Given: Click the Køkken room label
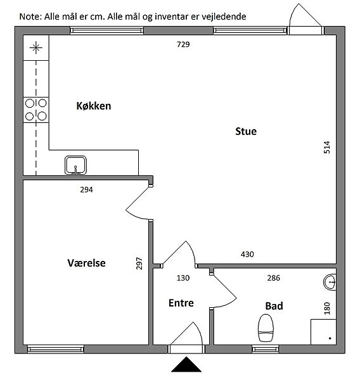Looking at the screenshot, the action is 94,106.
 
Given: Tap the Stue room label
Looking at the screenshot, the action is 246,131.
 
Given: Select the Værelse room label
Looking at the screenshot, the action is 86,263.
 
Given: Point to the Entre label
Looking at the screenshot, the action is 181,303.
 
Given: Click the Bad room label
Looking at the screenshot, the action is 274,306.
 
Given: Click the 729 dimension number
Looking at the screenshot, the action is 183,44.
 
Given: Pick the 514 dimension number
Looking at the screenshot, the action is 327,147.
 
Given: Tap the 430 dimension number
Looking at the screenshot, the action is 247,254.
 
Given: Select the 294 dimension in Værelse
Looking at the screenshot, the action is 86,189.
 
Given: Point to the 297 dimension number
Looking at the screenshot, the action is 139,263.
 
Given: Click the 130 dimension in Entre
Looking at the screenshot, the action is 183,278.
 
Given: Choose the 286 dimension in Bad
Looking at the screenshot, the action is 273,278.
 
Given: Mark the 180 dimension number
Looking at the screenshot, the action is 327,308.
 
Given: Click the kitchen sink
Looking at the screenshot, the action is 75,165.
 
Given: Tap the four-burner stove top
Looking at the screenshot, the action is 36,110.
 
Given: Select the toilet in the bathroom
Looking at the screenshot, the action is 266,328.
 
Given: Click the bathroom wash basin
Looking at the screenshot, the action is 330,282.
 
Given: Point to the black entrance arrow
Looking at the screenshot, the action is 186,364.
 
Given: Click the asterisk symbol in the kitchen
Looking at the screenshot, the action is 36,47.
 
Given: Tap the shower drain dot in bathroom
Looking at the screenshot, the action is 330,338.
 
